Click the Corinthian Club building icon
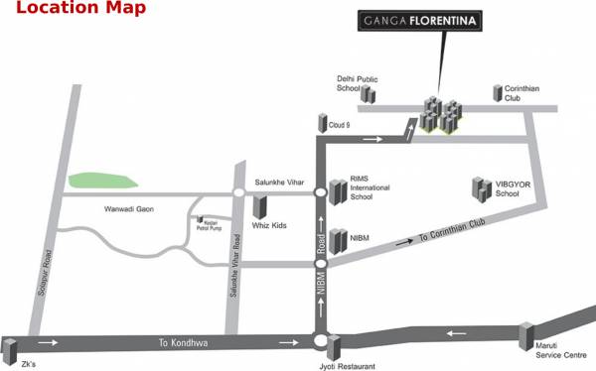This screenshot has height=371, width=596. [x=498, y=92]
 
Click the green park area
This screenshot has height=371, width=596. [x=102, y=180]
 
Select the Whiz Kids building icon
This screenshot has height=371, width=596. [x=260, y=206]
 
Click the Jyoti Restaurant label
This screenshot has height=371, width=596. [x=350, y=366]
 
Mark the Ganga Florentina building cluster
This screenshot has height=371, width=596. [x=440, y=114]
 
